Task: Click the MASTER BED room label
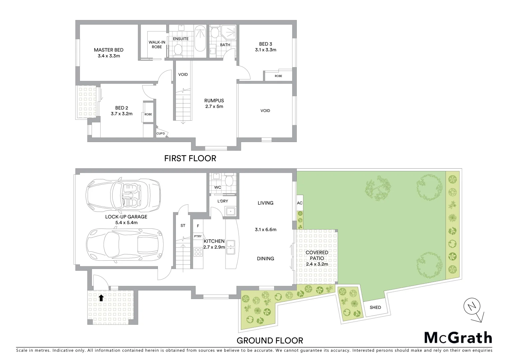pos(109,50)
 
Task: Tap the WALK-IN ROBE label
pos(157,44)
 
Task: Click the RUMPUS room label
pos(214,101)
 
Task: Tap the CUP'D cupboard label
pos(161,134)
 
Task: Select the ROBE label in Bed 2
pos(148,114)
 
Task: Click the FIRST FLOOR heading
pos(190,158)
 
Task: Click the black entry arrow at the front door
pos(101,298)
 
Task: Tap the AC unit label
pos(299,203)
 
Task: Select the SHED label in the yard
pos(375,307)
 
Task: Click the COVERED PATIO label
pos(317,255)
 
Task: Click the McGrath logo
pos(458,338)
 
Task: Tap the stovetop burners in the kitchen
pos(198,253)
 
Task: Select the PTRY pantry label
pos(198,236)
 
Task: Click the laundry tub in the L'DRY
pos(231,211)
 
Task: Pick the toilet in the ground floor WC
pos(229,181)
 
